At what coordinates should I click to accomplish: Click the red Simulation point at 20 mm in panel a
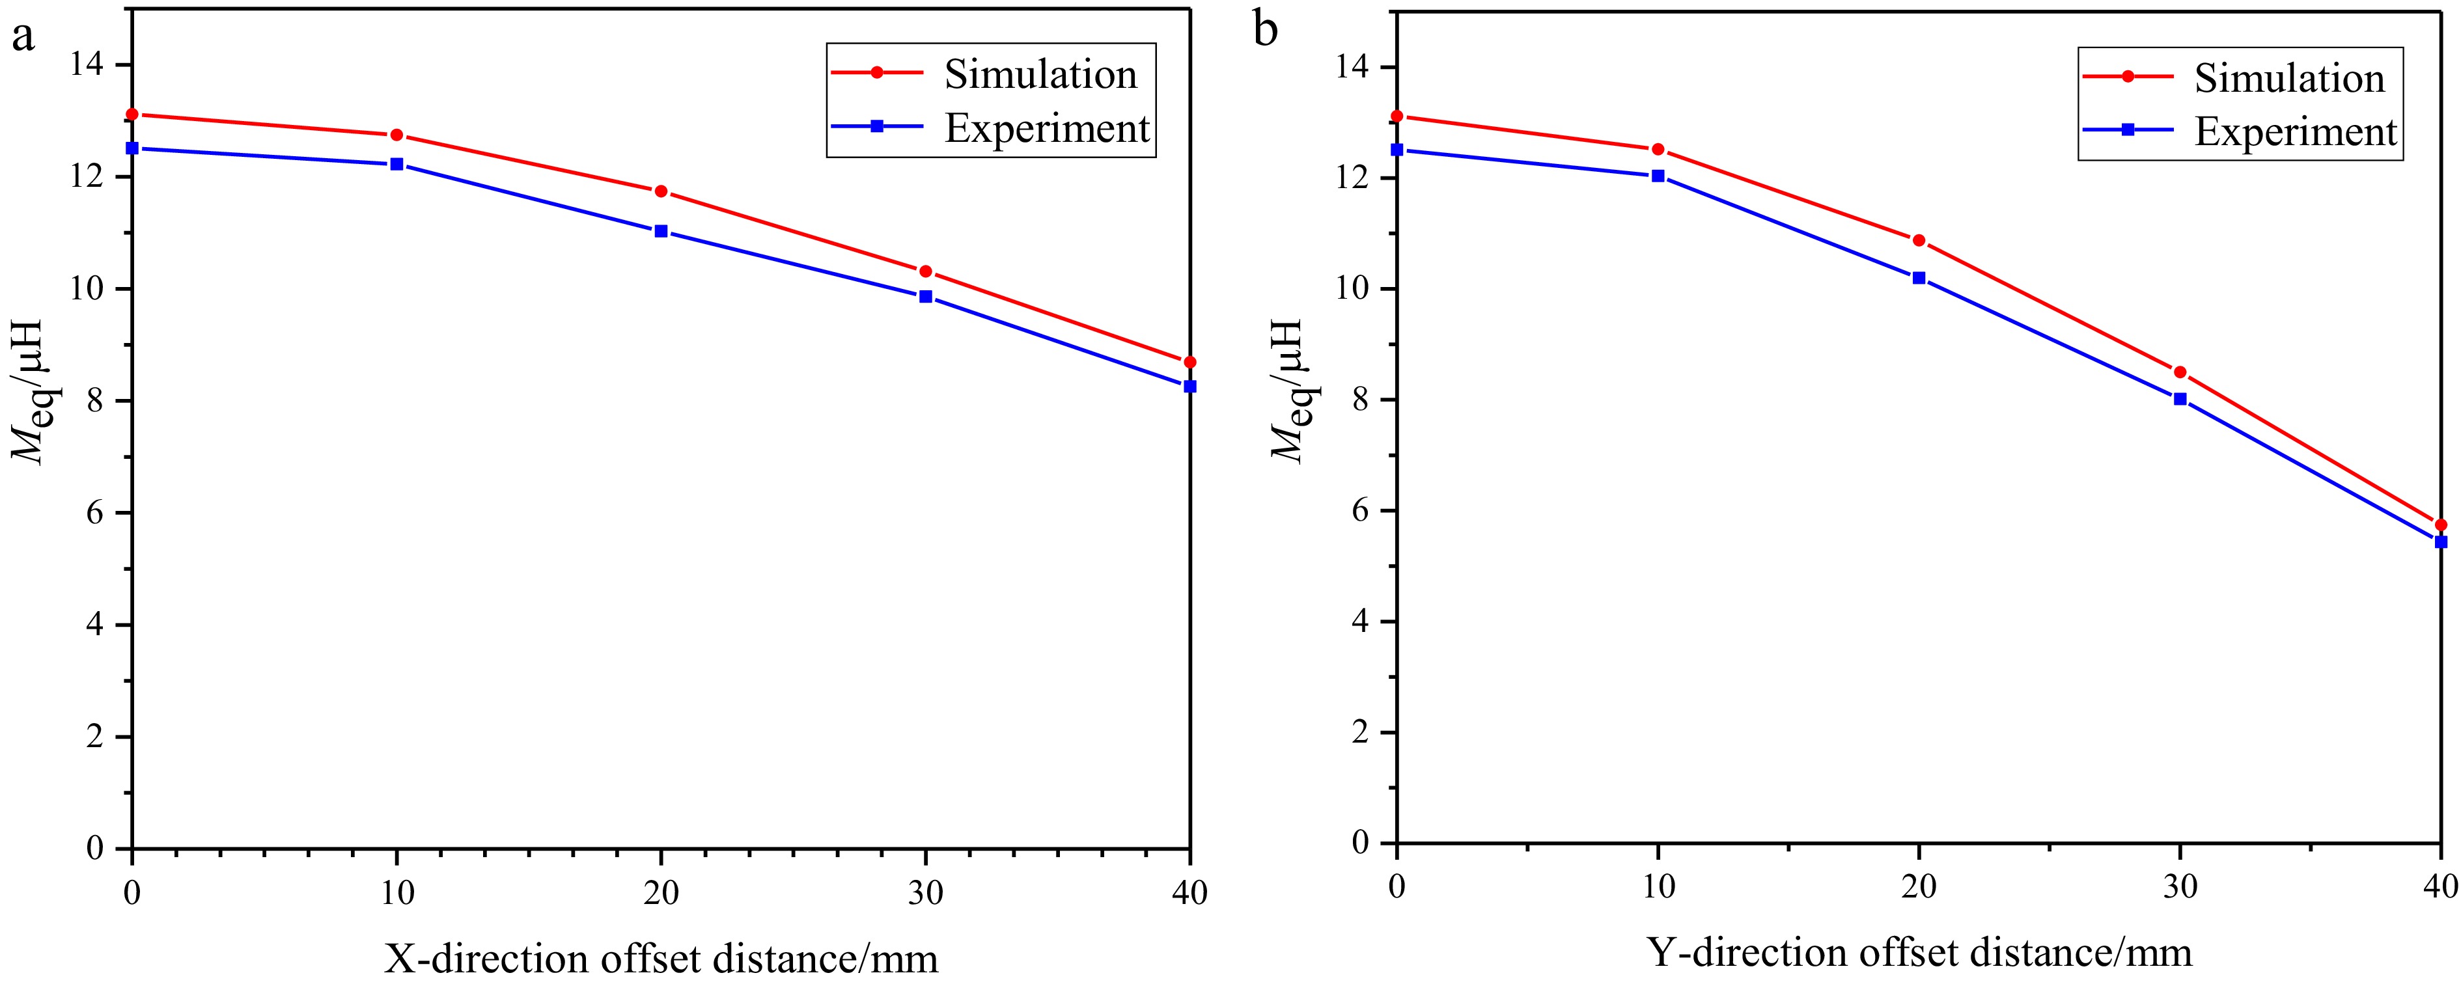660,191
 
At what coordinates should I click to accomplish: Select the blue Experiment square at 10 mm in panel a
396,164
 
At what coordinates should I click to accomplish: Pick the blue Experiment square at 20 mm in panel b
1919,277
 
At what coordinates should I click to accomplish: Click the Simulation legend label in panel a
1040,75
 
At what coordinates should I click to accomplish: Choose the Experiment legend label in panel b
2296,131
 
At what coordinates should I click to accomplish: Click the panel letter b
1265,31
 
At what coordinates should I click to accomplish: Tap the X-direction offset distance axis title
661,957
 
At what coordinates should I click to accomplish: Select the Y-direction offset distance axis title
1919,953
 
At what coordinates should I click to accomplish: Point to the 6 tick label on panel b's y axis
1361,511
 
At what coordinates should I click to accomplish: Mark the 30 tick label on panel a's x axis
925,892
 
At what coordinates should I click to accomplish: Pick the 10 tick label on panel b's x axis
1658,886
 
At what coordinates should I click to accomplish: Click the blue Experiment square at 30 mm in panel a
925,296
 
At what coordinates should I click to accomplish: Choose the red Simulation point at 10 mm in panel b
1658,149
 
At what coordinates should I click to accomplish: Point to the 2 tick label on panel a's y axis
94,737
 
